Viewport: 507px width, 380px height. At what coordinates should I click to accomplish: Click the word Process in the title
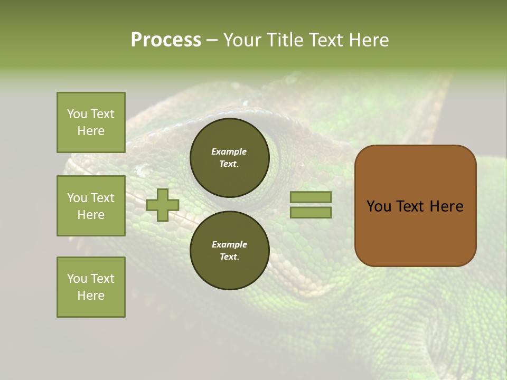coord(166,40)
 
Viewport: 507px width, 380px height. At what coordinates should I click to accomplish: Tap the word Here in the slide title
coord(369,40)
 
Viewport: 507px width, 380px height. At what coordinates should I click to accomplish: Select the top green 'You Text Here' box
coord(91,122)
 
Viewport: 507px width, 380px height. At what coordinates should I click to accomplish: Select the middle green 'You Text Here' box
coord(91,206)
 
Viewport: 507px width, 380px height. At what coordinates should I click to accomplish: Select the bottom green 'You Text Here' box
coord(91,287)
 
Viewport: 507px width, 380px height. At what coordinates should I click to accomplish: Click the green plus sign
coord(163,205)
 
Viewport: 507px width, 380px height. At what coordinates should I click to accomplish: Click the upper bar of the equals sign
coord(311,197)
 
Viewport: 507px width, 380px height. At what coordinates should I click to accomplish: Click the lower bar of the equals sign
coord(311,212)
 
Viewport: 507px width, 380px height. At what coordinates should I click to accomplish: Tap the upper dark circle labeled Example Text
coord(229,157)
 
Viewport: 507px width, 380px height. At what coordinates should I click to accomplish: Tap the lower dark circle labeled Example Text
coord(229,250)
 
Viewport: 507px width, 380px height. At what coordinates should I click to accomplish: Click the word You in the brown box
coord(379,206)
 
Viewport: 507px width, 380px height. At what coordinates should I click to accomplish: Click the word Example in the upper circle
coord(229,151)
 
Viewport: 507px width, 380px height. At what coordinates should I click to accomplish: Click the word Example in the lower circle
coord(229,244)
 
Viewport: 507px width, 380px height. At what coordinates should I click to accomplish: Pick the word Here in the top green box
coord(91,131)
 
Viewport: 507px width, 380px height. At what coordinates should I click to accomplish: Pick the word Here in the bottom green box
coord(91,296)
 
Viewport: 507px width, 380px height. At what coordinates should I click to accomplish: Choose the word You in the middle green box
coord(77,198)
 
